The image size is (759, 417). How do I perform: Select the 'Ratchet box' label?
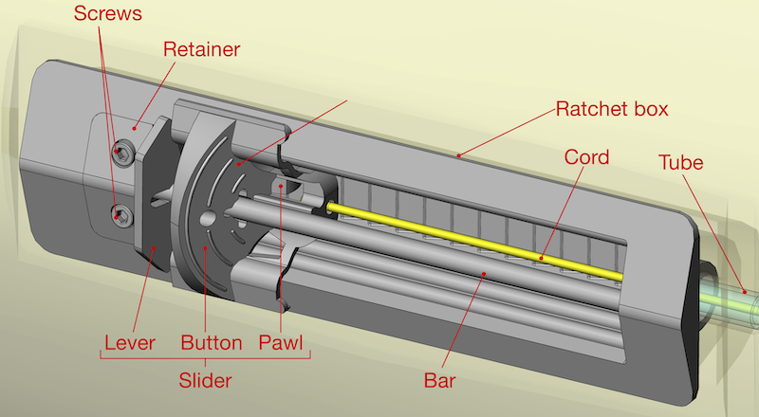click(612, 108)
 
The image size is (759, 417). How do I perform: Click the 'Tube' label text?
click(681, 162)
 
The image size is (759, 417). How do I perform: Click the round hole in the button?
click(208, 220)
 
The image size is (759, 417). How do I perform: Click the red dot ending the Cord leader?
click(543, 257)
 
